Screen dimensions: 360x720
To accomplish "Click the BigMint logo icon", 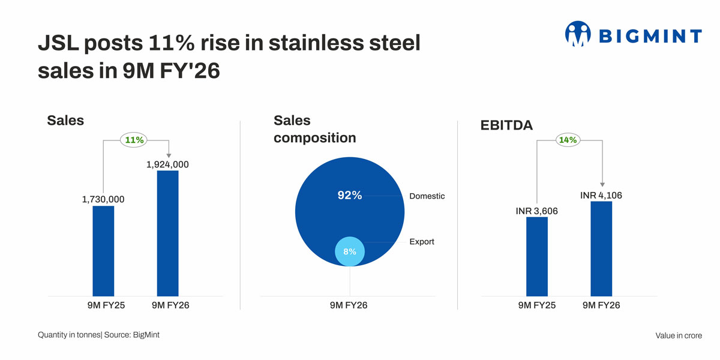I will pyautogui.click(x=578, y=35).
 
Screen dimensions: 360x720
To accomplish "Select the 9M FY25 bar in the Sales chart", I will pyautogui.click(x=103, y=251).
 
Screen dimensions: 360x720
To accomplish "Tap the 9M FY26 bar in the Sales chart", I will pyautogui.click(x=167, y=233).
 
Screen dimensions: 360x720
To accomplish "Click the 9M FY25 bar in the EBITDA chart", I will pyautogui.click(x=537, y=256).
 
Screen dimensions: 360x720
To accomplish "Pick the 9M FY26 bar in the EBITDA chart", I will pyautogui.click(x=601, y=248).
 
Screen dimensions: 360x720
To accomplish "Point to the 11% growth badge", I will pyautogui.click(x=135, y=140).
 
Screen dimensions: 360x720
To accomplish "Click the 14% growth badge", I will pyautogui.click(x=568, y=140).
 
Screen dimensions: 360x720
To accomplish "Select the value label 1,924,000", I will pyautogui.click(x=167, y=164).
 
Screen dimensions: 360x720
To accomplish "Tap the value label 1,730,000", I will pyautogui.click(x=103, y=199).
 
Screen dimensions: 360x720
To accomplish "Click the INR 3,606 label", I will pyautogui.click(x=537, y=211).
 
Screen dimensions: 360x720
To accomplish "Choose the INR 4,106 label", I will pyautogui.click(x=601, y=195).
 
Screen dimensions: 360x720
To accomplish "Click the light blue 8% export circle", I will pyautogui.click(x=350, y=251).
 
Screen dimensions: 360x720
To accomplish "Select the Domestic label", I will pyautogui.click(x=427, y=196).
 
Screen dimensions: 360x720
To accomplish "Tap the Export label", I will pyautogui.click(x=421, y=242).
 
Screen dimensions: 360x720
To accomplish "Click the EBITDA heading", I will pyautogui.click(x=506, y=125).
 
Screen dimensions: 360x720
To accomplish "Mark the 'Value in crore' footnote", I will pyautogui.click(x=678, y=335).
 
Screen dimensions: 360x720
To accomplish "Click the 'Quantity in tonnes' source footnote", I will pyautogui.click(x=98, y=335).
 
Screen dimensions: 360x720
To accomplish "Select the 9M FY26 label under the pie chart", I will pyautogui.click(x=349, y=305).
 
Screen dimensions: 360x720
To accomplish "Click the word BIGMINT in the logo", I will pyautogui.click(x=650, y=36).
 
